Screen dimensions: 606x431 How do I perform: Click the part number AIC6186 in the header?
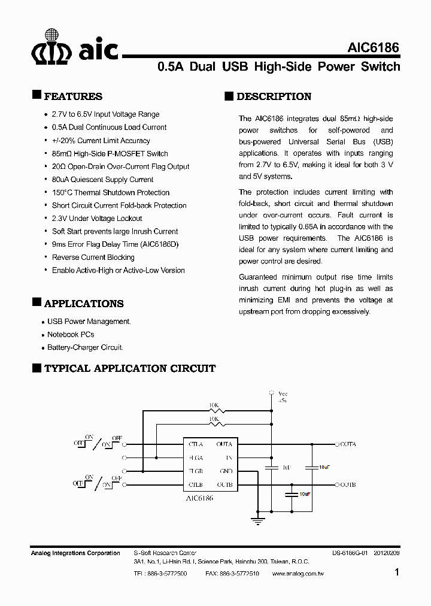(374, 48)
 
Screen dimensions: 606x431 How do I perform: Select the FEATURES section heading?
(73, 96)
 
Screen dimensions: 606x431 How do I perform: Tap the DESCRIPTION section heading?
(274, 96)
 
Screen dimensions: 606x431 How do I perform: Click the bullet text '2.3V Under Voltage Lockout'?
(97, 219)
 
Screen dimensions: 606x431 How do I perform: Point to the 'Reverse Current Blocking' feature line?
(93, 257)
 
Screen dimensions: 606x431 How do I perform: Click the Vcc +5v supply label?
(283, 397)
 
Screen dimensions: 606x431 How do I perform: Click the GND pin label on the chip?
(226, 471)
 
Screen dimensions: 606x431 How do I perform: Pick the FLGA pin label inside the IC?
(196, 457)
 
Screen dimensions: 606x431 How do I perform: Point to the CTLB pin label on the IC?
(196, 484)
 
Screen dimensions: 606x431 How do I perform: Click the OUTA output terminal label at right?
(347, 444)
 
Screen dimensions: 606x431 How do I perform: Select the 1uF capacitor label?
(286, 466)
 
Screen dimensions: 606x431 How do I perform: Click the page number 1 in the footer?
(397, 572)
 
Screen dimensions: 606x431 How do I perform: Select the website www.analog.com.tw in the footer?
(298, 574)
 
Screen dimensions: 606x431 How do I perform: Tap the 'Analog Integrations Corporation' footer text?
(75, 553)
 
